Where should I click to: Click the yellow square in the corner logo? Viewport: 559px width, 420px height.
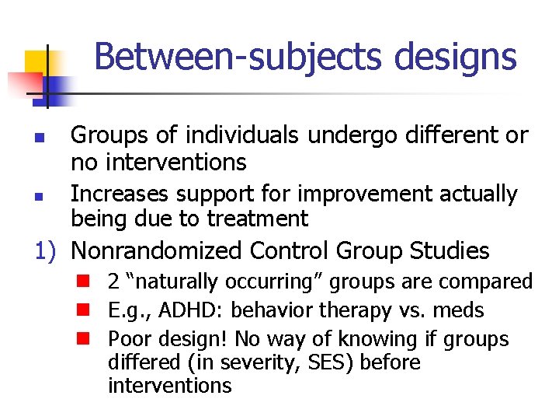pyautogui.click(x=37, y=63)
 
